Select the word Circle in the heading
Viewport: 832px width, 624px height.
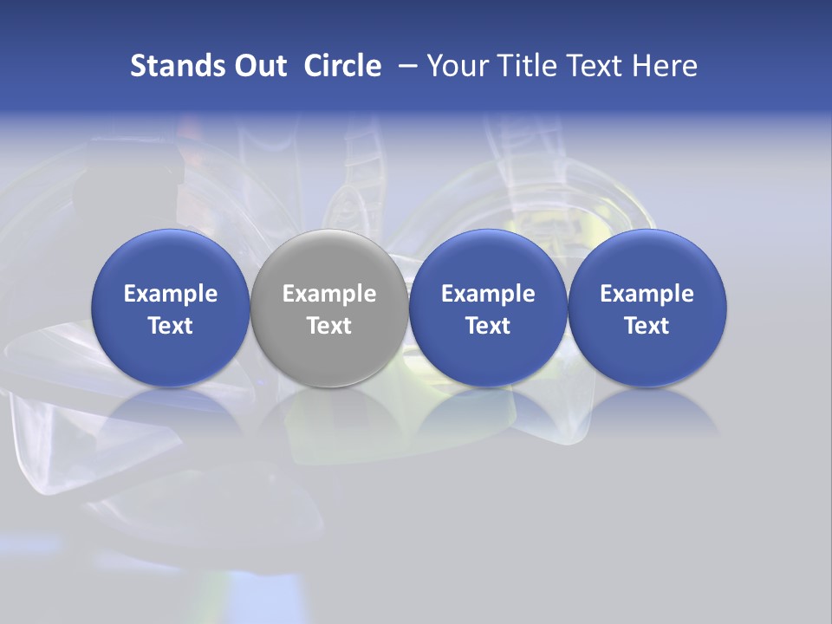click(x=342, y=66)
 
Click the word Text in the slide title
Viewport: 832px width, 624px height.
click(x=595, y=66)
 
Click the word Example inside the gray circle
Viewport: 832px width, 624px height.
click(x=329, y=294)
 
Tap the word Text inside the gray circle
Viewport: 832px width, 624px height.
click(x=329, y=326)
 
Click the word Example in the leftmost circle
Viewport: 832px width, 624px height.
click(x=170, y=294)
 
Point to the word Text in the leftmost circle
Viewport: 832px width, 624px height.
click(x=170, y=326)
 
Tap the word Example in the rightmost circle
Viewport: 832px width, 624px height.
click(x=647, y=294)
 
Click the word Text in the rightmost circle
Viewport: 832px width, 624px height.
click(x=647, y=326)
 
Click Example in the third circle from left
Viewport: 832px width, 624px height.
click(x=488, y=294)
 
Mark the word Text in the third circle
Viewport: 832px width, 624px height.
click(x=488, y=326)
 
